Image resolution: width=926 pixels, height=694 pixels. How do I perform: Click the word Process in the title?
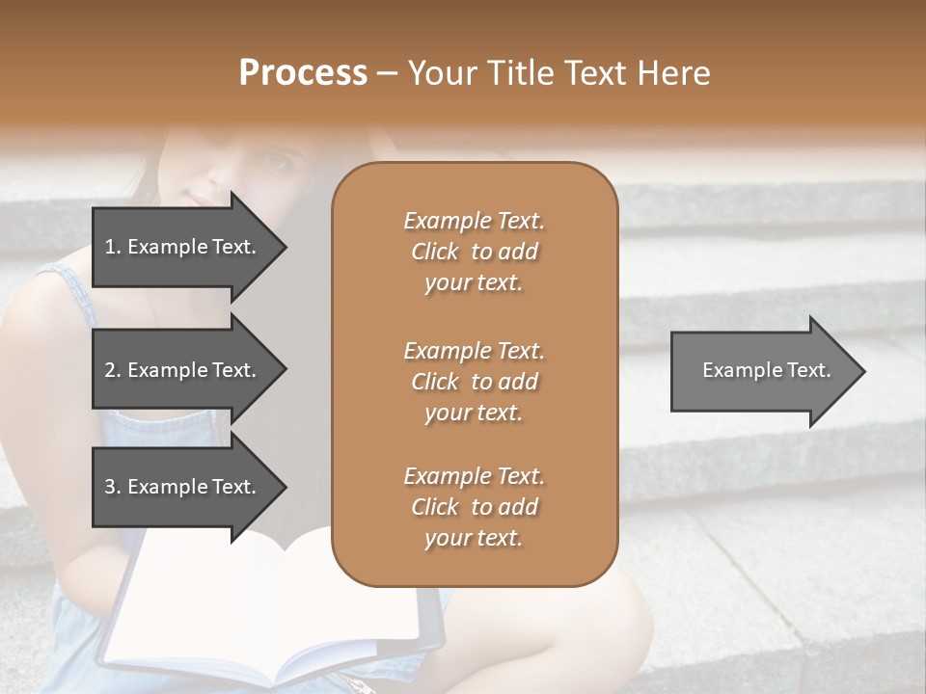303,73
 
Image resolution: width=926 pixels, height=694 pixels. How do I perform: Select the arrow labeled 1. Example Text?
183,247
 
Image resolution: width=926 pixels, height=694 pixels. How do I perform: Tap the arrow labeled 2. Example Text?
183,370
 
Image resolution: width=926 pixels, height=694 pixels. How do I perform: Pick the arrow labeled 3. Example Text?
183,487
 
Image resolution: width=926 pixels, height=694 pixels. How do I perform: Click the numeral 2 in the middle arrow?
110,370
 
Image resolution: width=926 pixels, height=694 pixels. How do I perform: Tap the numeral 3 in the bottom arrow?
110,487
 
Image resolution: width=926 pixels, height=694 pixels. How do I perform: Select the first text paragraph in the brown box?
474,252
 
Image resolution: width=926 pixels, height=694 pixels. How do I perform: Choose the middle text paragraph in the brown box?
474,382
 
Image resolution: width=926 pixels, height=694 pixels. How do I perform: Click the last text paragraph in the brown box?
474,507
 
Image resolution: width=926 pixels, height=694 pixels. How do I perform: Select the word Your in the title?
440,73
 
